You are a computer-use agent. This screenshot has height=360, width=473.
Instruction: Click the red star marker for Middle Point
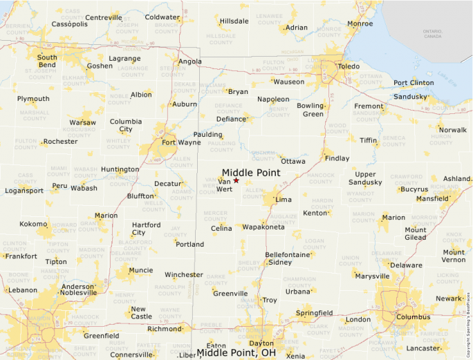coord(236,180)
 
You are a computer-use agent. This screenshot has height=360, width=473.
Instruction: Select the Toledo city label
coord(348,66)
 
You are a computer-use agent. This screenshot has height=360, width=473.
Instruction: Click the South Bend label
coord(47,61)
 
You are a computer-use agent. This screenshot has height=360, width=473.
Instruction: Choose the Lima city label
coord(284,199)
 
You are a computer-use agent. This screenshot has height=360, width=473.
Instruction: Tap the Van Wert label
coord(224,185)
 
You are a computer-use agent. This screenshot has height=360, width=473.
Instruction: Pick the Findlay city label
coord(337,158)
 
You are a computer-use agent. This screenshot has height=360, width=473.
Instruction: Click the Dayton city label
coord(261,343)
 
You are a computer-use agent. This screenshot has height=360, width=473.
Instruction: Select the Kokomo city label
coord(33,224)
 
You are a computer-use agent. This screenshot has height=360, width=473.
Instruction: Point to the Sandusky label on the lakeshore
coord(409,97)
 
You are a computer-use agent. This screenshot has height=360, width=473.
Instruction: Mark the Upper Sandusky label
coord(365,178)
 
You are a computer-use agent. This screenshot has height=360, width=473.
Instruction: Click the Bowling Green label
coord(310,110)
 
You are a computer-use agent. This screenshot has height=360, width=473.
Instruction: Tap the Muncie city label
coord(141,270)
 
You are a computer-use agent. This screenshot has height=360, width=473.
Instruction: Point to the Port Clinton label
coord(414,83)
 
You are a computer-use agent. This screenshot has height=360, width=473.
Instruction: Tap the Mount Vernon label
coord(454,256)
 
